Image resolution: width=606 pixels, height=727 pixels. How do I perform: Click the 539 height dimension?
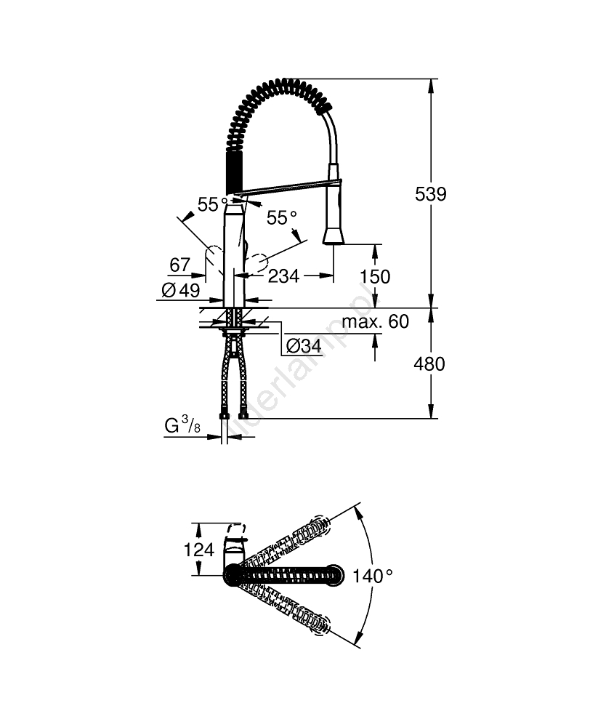click(x=430, y=194)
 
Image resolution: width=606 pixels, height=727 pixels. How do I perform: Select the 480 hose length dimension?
click(x=429, y=363)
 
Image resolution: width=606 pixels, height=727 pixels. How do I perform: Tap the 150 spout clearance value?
click(x=375, y=277)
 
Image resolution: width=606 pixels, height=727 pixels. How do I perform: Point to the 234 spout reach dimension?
click(x=284, y=276)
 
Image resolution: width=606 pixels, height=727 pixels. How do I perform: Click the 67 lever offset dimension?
click(x=179, y=265)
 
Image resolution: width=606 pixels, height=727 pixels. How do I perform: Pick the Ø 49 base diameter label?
click(x=180, y=290)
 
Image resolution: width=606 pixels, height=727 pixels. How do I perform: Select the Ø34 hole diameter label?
click(x=303, y=346)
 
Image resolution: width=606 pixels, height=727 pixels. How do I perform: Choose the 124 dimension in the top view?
click(x=199, y=550)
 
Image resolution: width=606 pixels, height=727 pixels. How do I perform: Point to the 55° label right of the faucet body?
click(x=282, y=217)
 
